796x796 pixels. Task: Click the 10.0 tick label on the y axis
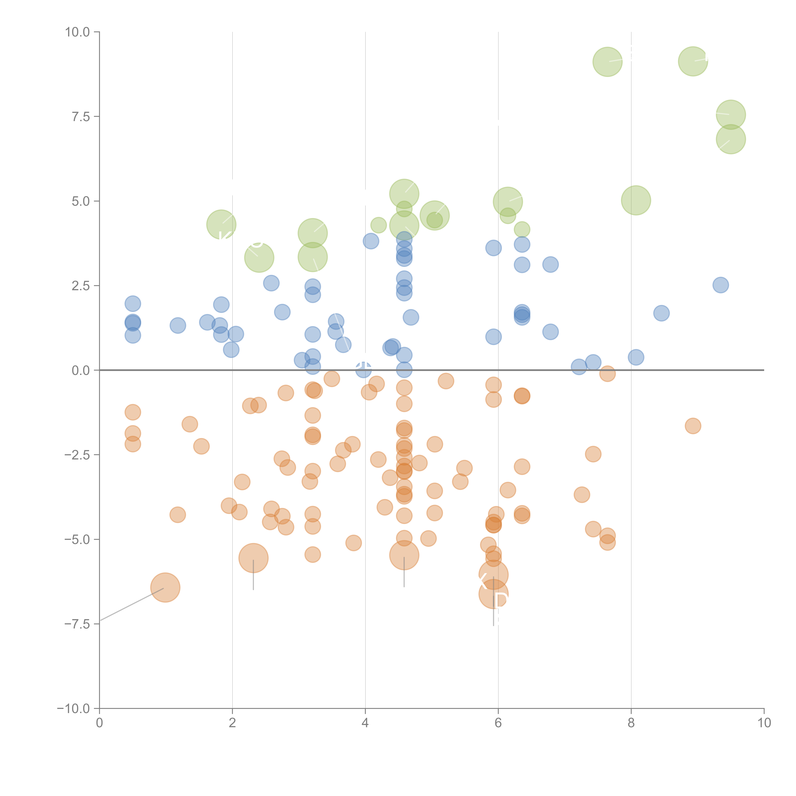(78, 32)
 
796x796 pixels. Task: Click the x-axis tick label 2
(232, 723)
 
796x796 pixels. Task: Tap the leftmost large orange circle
(165, 587)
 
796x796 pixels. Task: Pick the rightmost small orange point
(693, 426)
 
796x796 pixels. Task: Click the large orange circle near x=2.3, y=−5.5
(253, 558)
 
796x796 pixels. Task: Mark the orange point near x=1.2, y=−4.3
(178, 515)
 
